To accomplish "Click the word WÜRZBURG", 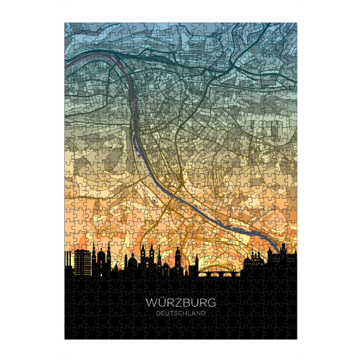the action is pos(180,303).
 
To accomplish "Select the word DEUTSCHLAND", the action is pos(180,313).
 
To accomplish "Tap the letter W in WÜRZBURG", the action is pos(150,303).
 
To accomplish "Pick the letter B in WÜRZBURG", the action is pos(185,303).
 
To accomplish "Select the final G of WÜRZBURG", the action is pos(211,303).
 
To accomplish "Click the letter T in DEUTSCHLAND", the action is pos(169,313).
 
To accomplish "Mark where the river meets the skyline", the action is pos(275,250).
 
